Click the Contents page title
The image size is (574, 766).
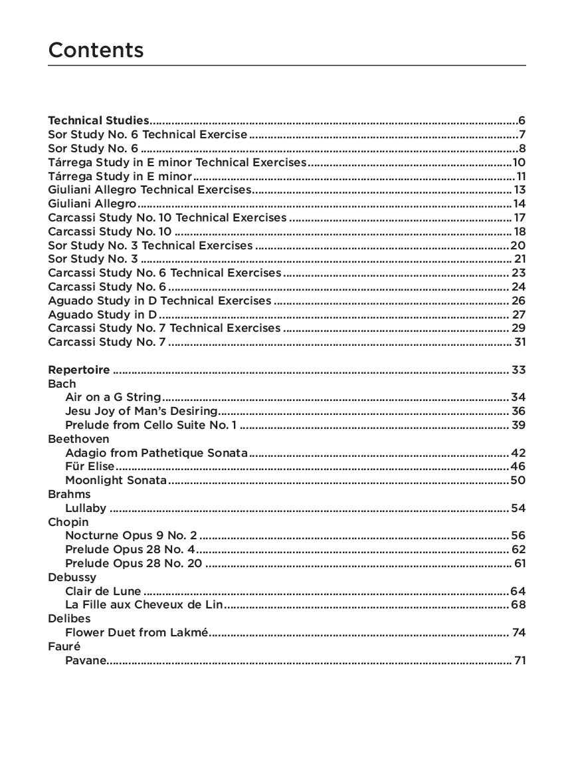(96, 50)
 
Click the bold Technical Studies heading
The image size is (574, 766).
(98, 120)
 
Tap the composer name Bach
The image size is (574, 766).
(62, 384)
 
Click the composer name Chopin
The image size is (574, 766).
(68, 522)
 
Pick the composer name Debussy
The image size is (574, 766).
(72, 577)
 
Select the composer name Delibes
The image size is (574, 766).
(69, 618)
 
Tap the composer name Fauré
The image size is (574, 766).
(64, 646)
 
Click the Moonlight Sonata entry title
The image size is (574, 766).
(116, 480)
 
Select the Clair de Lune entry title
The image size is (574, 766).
(103, 591)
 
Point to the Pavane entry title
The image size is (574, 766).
(85, 660)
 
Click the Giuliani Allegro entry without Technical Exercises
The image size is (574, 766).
(92, 203)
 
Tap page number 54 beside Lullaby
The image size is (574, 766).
(518, 509)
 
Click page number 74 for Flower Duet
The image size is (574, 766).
(519, 632)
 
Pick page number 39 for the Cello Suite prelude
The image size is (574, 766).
(518, 425)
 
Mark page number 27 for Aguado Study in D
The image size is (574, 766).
(519, 315)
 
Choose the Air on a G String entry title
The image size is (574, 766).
(113, 398)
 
